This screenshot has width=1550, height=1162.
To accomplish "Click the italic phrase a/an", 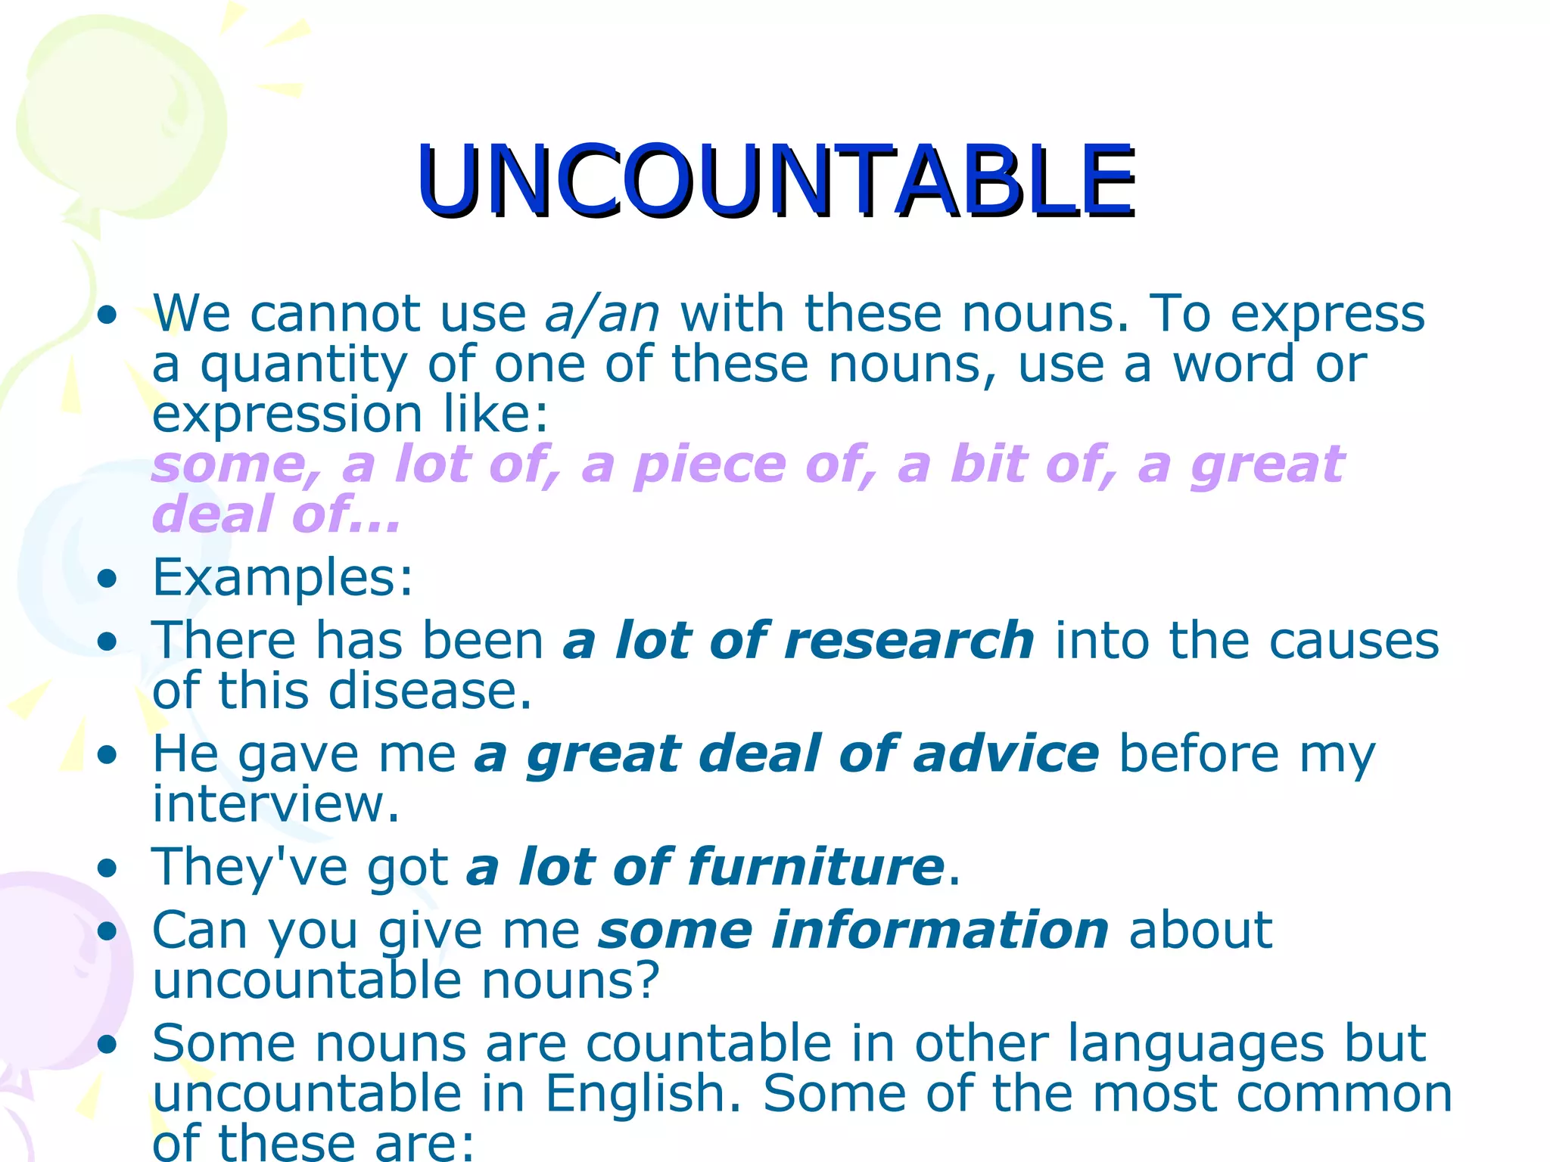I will [x=602, y=313].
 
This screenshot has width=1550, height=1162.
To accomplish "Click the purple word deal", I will [x=213, y=514].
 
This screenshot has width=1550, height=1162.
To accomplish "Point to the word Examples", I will [x=282, y=578].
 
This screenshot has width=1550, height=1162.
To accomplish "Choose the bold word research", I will [x=909, y=641].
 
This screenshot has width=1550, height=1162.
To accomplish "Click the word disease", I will [x=430, y=691].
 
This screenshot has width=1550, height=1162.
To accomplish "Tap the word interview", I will [x=275, y=803].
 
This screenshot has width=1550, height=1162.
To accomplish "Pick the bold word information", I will [x=854, y=930].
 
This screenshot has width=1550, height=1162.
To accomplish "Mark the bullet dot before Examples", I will [x=108, y=579].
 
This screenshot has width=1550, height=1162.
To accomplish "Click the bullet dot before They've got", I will [x=108, y=868].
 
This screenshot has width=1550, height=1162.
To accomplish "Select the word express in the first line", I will [x=1327, y=315].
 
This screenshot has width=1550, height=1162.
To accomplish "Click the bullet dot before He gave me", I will [x=108, y=755].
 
